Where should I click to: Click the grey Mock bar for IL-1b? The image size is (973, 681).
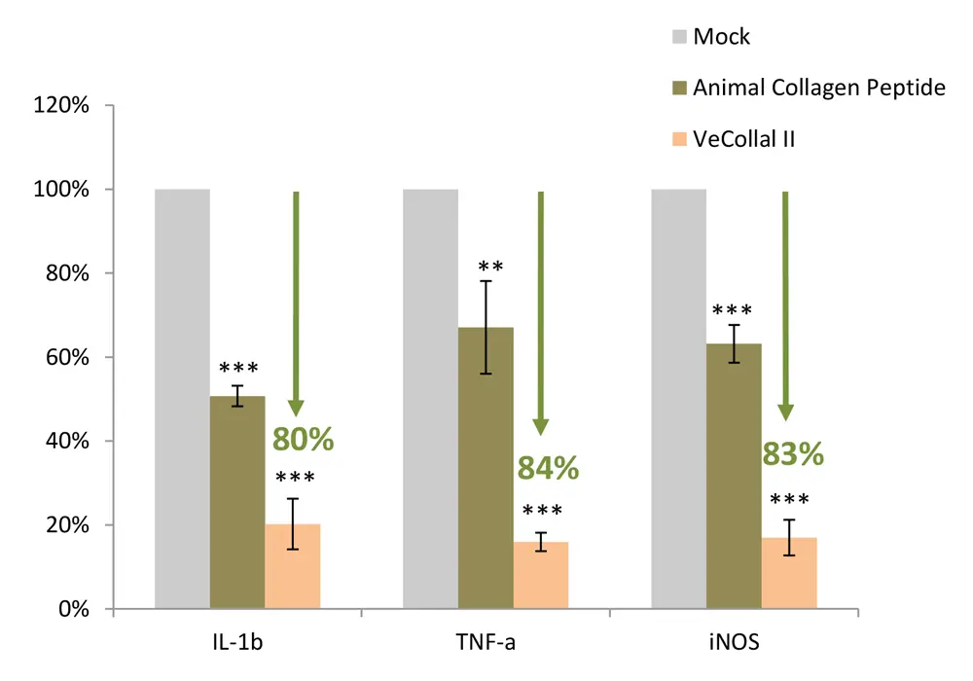[183, 399]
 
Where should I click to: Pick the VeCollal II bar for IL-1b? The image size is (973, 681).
[293, 567]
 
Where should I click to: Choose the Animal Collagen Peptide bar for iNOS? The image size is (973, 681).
[735, 477]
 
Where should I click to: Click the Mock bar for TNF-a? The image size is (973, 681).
[430, 399]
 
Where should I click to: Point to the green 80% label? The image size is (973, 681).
[303, 439]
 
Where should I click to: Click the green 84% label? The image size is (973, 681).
[549, 468]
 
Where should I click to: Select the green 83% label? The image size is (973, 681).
[793, 453]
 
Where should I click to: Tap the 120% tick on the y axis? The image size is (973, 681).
[63, 105]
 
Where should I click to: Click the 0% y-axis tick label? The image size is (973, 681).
[74, 610]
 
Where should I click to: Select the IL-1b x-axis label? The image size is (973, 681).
[237, 644]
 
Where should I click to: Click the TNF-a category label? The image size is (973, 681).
[486, 644]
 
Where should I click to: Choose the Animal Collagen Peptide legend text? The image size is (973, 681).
[819, 89]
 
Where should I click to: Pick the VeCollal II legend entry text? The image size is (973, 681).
[744, 139]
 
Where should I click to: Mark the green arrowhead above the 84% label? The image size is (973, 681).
[541, 426]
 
